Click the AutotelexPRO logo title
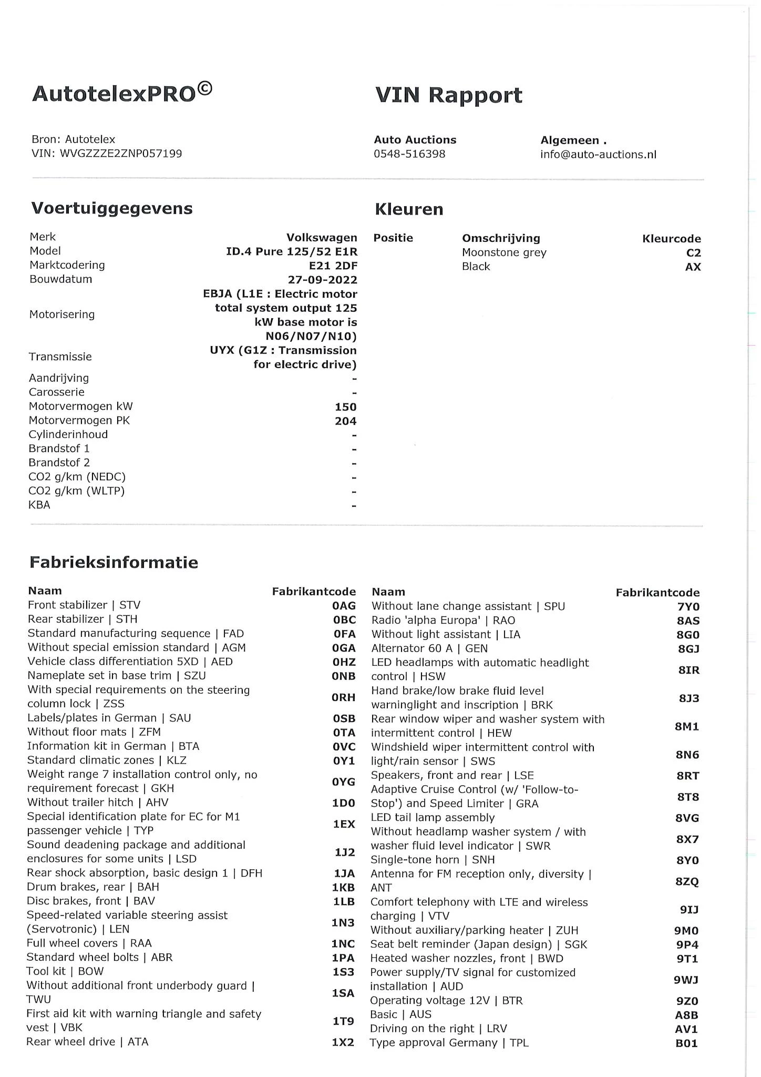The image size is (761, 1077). pos(122,94)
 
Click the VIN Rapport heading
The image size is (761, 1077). pos(448,95)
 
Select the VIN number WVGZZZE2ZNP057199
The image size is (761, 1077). pos(121,154)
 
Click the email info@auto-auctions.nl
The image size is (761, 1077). pos(598,155)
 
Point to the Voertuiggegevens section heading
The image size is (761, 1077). pos(112,208)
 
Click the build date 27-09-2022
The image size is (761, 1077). pos(322,280)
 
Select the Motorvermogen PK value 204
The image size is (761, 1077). pos(345,421)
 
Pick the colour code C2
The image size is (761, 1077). pos(693,253)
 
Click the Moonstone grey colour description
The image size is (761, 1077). pos(504,252)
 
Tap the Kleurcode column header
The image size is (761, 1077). pos(671,239)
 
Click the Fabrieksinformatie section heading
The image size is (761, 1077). pos(114,562)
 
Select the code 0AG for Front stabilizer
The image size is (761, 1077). pos(344,606)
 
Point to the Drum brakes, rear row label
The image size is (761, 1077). pos(92,887)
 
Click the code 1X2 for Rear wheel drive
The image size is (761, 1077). pos(343,1042)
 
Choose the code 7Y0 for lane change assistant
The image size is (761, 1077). pos(688,607)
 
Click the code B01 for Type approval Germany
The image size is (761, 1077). pos(686,1043)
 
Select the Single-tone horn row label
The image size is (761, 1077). pos(433,860)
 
